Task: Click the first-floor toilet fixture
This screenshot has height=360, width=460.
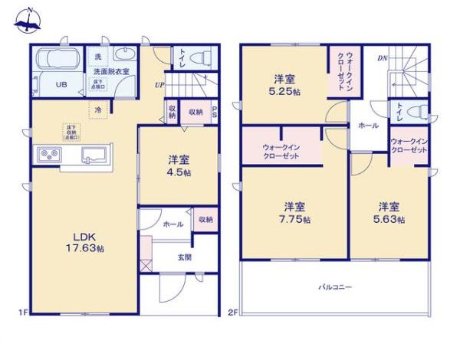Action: point(199,56)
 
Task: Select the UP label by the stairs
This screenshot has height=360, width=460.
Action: point(159,85)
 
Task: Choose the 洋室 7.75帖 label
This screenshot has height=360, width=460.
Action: point(295,211)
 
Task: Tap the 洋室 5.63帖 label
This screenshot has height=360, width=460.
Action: point(388,211)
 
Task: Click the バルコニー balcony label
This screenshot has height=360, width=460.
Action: point(336,287)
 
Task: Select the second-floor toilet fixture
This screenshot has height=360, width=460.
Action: point(416,112)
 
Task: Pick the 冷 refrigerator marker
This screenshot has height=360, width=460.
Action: point(99,110)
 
